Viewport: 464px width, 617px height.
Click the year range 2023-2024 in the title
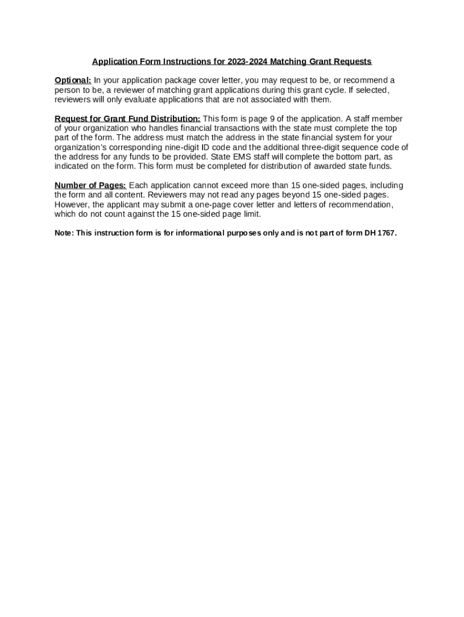pos(248,61)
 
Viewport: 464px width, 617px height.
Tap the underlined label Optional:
pos(73,80)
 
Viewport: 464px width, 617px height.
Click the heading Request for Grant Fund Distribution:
pos(127,119)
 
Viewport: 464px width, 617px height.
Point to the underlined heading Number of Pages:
pos(90,185)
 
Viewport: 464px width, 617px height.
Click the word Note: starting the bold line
pos(64,233)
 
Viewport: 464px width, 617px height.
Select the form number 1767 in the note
pos(386,233)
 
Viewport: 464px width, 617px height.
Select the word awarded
pos(331,166)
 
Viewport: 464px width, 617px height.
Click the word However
pos(71,204)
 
